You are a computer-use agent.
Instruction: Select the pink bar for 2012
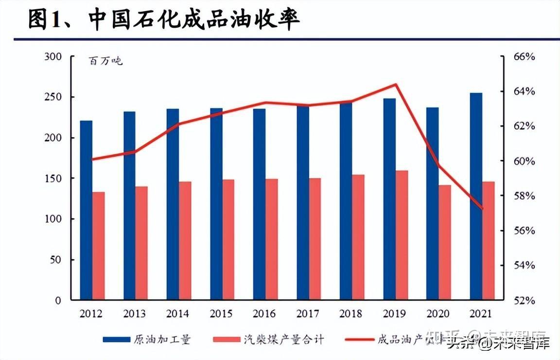(99, 246)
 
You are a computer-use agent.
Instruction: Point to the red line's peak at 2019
(396, 85)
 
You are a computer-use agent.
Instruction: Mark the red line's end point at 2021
(482, 208)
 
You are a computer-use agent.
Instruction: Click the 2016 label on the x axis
(264, 314)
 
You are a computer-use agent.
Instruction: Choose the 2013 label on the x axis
(135, 314)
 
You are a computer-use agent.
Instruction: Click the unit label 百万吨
(105, 61)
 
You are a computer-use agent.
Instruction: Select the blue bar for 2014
(173, 204)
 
